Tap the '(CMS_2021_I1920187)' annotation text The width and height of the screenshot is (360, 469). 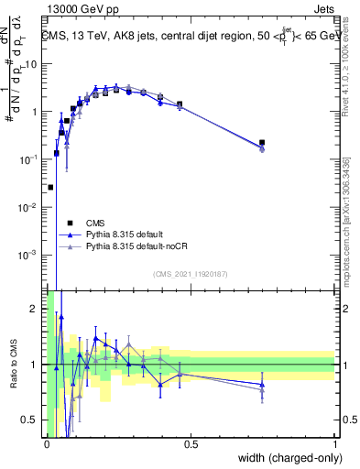click(191, 274)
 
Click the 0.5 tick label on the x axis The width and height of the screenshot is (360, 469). click(191, 444)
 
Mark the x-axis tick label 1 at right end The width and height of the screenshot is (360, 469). click(335, 444)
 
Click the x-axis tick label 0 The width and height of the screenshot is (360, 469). click(47, 444)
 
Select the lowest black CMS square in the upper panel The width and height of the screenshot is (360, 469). click(50, 187)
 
